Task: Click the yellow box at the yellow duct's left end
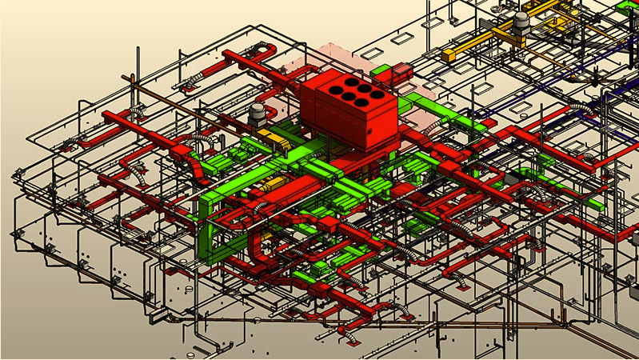[449, 55]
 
